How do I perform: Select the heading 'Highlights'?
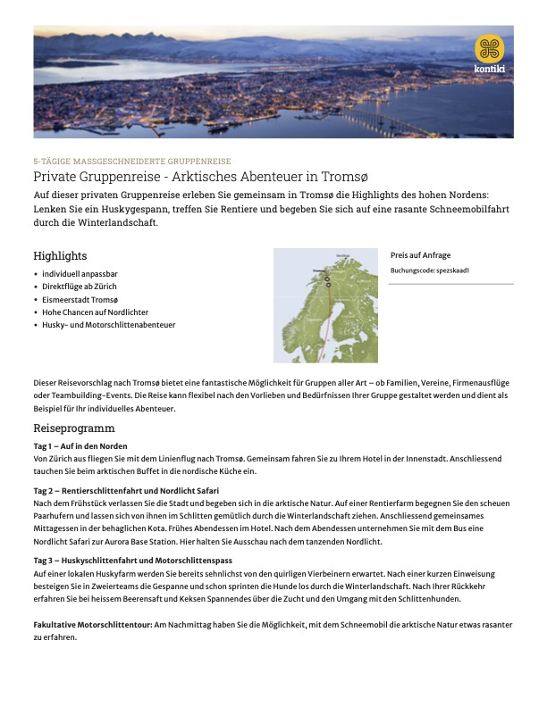pyautogui.click(x=60, y=256)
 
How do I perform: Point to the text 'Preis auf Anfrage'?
pyautogui.click(x=420, y=254)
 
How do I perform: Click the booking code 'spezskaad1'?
pyautogui.click(x=453, y=270)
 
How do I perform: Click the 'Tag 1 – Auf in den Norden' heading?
pyautogui.click(x=80, y=445)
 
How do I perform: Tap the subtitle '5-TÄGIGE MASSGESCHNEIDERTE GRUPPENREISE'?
pyautogui.click(x=131, y=162)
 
